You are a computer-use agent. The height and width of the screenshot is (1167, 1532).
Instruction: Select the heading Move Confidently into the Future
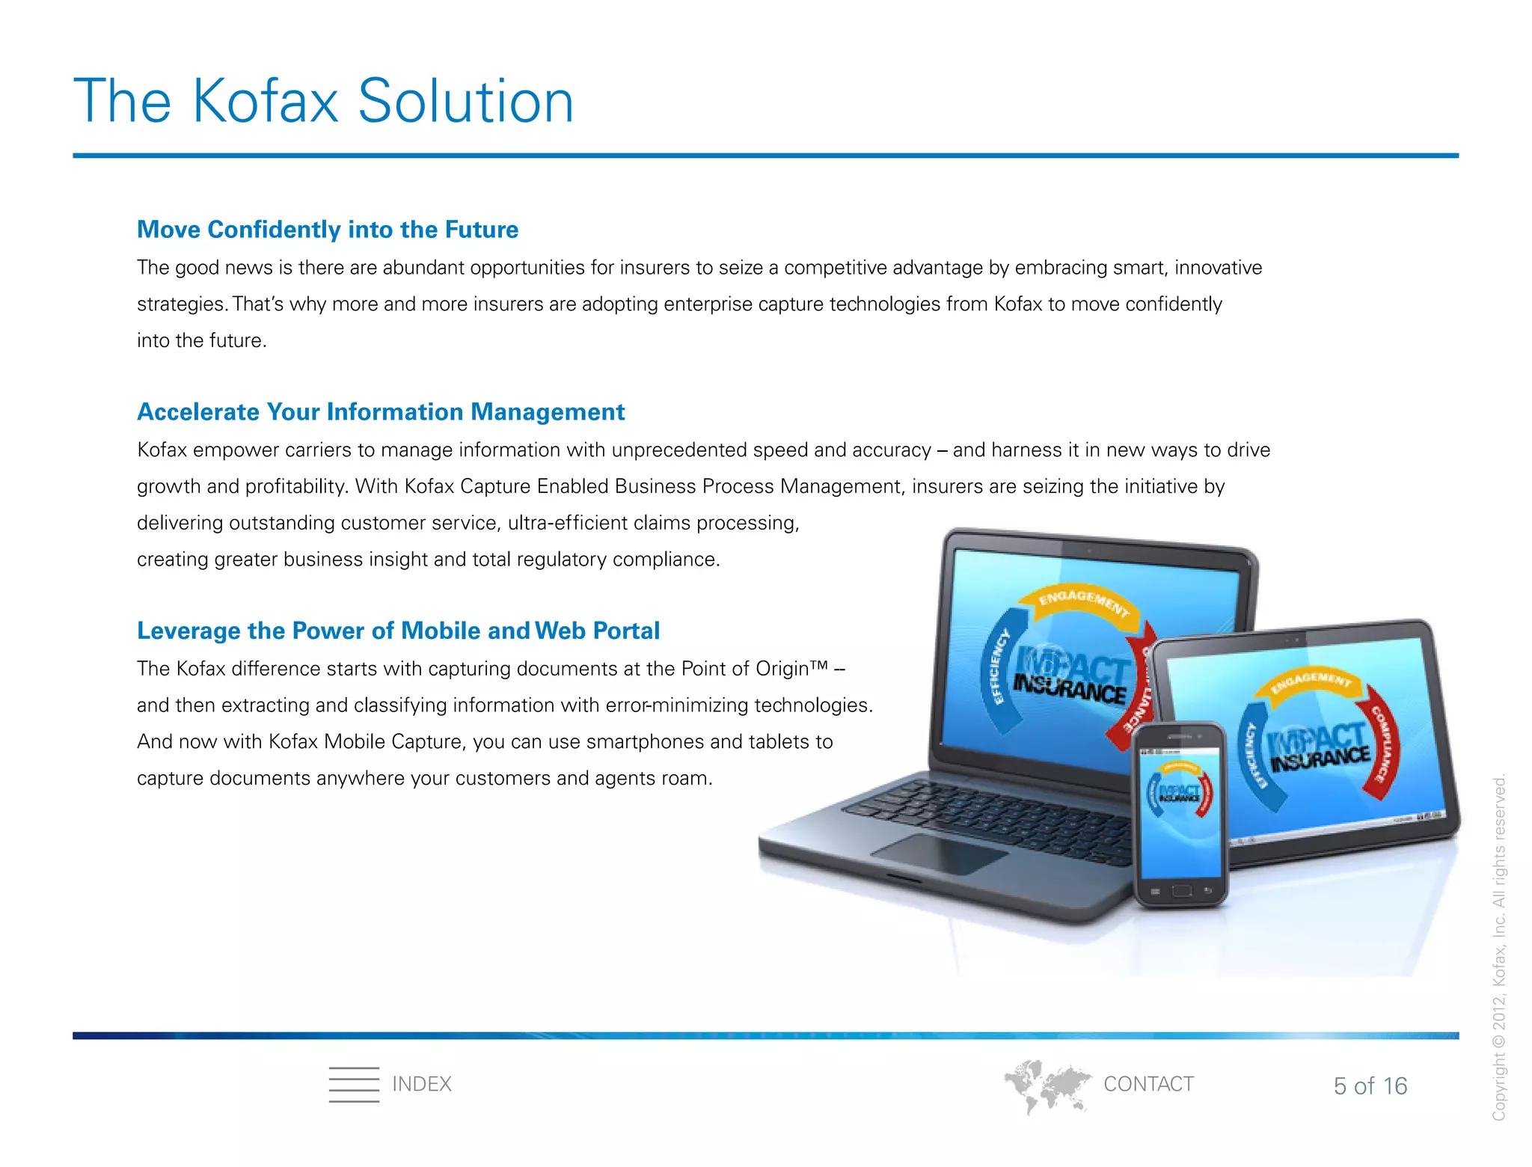coord(327,230)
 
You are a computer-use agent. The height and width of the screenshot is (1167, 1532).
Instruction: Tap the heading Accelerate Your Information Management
coord(380,412)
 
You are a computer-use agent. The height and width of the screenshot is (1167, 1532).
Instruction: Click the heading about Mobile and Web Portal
coord(398,631)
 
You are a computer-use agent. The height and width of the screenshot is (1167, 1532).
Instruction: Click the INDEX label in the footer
coord(421,1084)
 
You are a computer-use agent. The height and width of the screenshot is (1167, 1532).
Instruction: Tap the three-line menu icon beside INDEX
coord(354,1084)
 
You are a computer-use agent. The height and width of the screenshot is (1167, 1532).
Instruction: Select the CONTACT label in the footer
coord(1148,1084)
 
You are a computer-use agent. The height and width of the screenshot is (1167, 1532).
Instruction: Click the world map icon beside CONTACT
coord(1047,1085)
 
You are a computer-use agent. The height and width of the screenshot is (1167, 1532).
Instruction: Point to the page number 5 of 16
coord(1370,1085)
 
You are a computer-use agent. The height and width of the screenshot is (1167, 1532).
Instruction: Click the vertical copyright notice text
coord(1498,946)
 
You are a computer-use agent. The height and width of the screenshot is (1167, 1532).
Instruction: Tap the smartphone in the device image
coord(1180,815)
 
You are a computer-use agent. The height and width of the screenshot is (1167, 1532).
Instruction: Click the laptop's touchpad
coord(939,853)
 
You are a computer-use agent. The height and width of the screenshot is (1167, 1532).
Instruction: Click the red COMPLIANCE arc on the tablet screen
coord(1382,748)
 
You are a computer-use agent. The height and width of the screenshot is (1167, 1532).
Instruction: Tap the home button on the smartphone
coord(1182,890)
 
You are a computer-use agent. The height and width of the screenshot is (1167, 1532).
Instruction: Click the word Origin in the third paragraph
coord(782,669)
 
